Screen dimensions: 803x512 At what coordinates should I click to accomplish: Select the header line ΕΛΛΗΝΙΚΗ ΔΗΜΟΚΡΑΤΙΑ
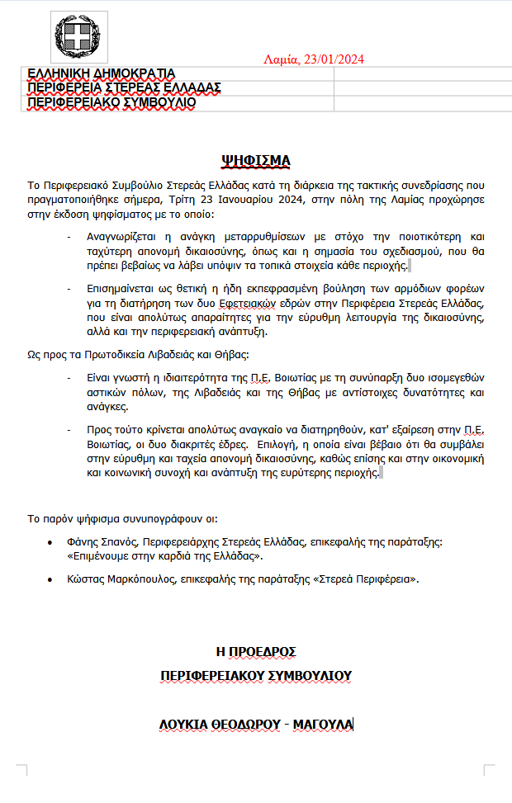coord(102,73)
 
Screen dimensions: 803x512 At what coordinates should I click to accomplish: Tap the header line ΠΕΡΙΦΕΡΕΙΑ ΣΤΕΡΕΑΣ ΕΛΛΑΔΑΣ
coord(124,87)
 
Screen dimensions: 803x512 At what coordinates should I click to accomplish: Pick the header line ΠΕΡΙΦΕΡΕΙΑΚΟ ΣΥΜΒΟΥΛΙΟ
coord(111,102)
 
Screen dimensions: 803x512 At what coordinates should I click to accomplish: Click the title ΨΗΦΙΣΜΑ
coord(256,159)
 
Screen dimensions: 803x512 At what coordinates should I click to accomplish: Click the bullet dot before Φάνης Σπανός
coord(52,543)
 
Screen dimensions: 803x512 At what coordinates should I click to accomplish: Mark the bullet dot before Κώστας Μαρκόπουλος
coord(52,580)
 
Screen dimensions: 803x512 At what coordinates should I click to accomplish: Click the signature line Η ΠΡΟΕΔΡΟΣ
coord(256,651)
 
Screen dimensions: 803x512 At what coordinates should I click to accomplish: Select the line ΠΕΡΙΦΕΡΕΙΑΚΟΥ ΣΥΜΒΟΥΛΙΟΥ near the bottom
coord(256,675)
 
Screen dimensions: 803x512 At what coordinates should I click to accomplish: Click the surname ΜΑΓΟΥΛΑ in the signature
coord(324,725)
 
